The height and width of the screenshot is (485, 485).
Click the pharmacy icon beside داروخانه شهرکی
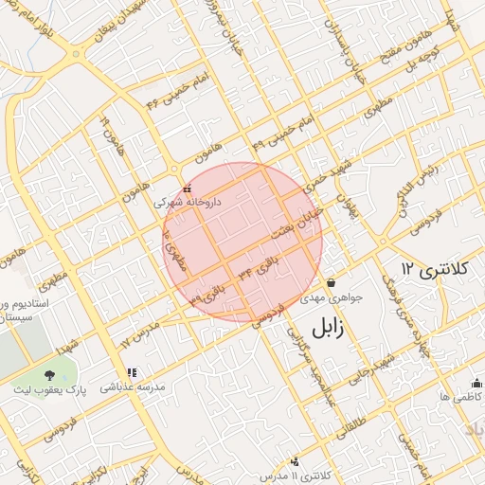pyautogui.click(x=187, y=189)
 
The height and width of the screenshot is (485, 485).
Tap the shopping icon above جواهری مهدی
pyautogui.click(x=332, y=283)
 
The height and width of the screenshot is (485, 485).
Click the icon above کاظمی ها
pyautogui.click(x=476, y=384)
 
